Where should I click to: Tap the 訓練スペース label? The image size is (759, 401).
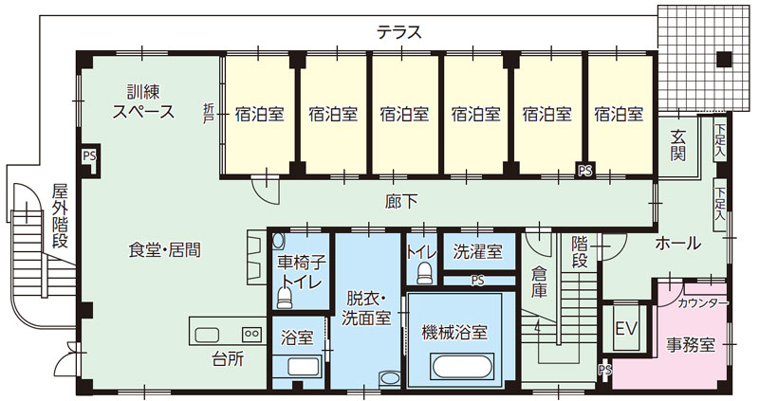coord(143,102)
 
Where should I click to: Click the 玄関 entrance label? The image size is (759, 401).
coord(678,145)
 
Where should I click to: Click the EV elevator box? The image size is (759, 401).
coord(624,329)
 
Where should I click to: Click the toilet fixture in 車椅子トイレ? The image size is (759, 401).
coord(284,298)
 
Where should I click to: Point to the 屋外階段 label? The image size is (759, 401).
coord(60,215)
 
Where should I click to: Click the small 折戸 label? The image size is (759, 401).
coord(209,112)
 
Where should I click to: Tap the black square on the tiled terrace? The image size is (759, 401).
coord(724,61)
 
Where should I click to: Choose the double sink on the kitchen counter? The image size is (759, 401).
coord(251,334)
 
